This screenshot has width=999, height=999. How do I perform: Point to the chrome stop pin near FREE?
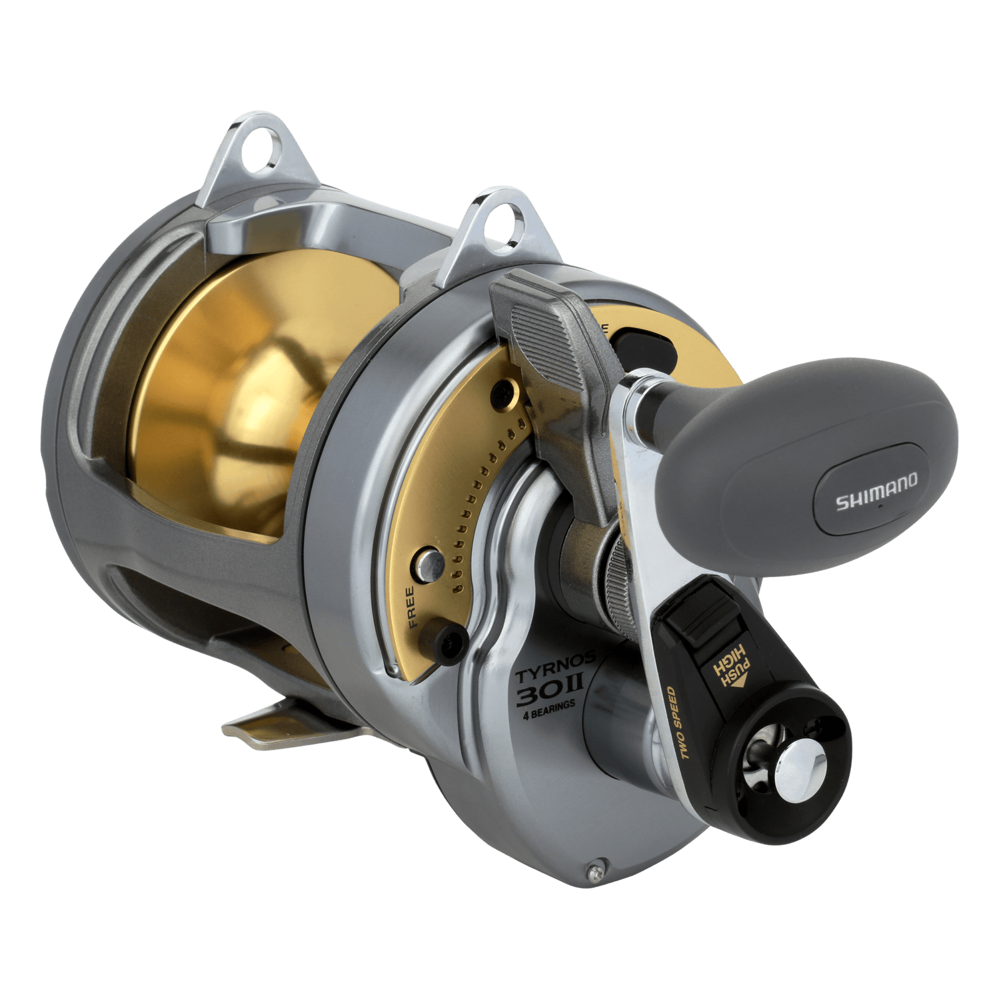430,559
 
